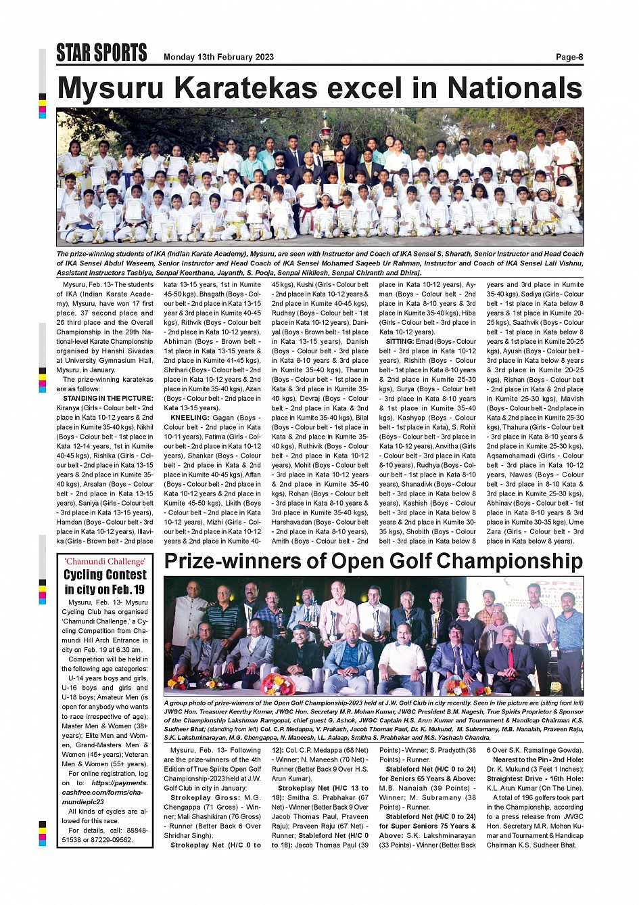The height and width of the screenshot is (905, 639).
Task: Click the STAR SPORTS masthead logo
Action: [x=101, y=53]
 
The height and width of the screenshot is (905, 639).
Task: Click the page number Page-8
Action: [x=569, y=57]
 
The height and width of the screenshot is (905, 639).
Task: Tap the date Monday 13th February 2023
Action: [x=218, y=57]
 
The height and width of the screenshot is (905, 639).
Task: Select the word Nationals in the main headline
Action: [x=515, y=89]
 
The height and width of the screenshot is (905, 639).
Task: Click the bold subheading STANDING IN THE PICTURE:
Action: [x=108, y=399]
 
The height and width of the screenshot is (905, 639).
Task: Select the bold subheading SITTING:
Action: [x=400, y=342]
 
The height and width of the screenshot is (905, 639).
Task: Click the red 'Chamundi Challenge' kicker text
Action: [x=105, y=561]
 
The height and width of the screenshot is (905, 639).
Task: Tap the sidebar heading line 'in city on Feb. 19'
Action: [x=105, y=589]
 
